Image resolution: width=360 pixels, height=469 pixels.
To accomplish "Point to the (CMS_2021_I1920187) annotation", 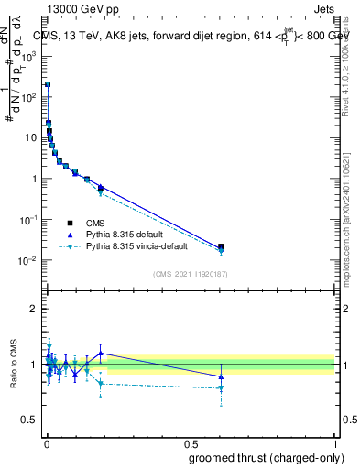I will point(190,274).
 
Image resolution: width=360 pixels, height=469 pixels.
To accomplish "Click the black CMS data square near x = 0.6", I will point(220,246).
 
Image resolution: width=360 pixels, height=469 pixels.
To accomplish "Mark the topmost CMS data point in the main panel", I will point(48,84).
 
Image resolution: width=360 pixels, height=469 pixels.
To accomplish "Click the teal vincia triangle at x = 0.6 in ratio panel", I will point(220,388).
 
